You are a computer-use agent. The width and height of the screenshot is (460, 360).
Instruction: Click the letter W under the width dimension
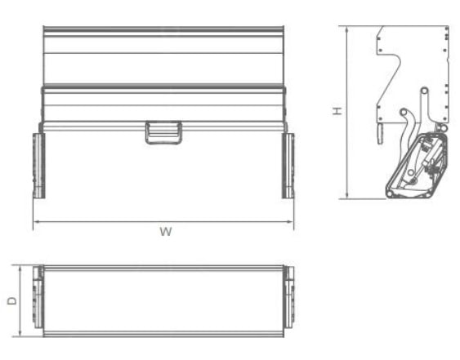pos(165,232)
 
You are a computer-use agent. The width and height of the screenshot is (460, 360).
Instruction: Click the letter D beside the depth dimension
pos(11,300)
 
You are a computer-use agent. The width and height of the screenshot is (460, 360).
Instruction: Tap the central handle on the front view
pos(163,132)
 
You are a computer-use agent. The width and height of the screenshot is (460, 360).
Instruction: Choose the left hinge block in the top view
pos(37,300)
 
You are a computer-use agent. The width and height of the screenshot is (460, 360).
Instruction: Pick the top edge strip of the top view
pos(163,268)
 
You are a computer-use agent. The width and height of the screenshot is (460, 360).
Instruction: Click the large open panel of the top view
pos(163,300)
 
